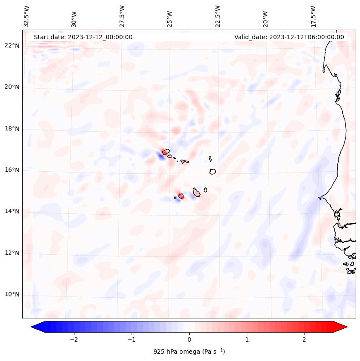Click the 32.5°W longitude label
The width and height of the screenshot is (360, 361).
pos(27,16)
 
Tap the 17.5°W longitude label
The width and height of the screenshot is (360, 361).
pos(314,16)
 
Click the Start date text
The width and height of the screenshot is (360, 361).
pos(83,37)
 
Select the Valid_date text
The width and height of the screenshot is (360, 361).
pos(289,37)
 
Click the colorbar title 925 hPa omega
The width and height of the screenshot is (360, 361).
pos(189,352)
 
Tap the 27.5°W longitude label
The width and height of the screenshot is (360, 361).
pos(122,16)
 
